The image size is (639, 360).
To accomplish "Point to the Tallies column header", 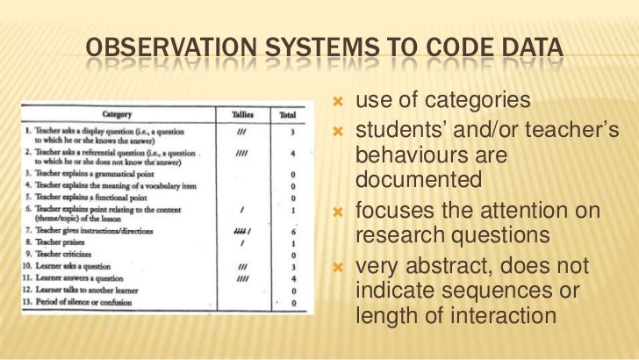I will coord(242,114).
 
